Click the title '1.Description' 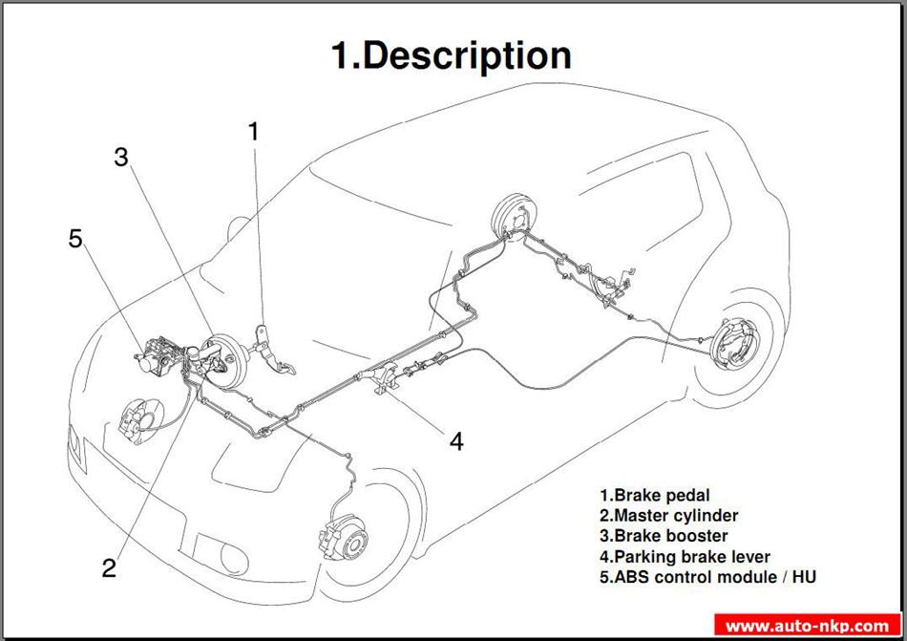(452, 56)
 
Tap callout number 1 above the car (253, 132)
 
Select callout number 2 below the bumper (109, 568)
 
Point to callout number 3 (121, 158)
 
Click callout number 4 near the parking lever (456, 441)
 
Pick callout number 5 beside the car (75, 239)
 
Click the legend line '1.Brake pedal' (654, 495)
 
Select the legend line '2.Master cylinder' (668, 516)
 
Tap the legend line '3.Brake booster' (664, 536)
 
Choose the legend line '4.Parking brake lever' (685, 557)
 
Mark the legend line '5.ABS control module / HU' (707, 577)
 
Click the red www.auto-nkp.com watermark (808, 626)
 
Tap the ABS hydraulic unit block (155, 354)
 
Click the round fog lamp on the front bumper (234, 558)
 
